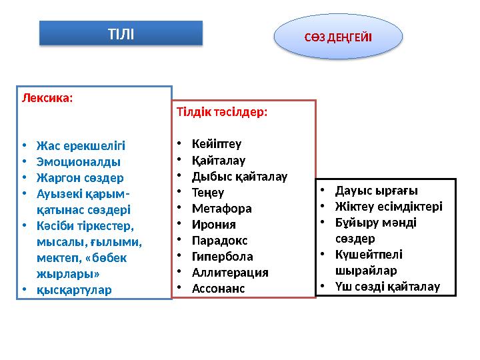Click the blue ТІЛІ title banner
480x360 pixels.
(121, 33)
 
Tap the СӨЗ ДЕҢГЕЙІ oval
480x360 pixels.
(338, 36)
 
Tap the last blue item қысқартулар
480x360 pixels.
(75, 290)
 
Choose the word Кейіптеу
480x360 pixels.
(217, 144)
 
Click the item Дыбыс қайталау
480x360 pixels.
(239, 177)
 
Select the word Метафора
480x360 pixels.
(221, 209)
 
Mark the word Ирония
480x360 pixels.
(213, 225)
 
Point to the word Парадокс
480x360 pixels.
(219, 241)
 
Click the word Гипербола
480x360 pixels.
(222, 257)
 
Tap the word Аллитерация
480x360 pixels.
(230, 273)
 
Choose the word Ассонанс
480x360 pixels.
(218, 289)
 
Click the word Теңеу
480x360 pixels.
(209, 193)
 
